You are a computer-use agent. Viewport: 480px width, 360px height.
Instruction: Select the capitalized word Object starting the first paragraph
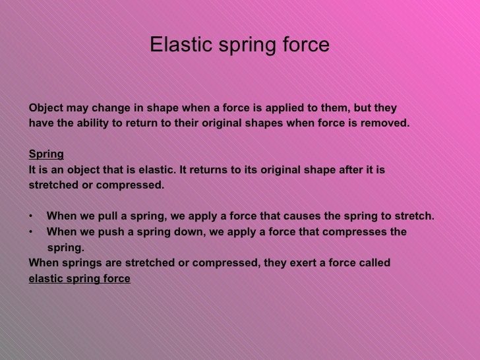pyautogui.click(x=47, y=108)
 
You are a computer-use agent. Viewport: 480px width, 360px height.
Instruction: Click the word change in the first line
pyautogui.click(x=107, y=108)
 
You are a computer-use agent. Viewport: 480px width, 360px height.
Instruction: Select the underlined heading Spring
pyautogui.click(x=46, y=154)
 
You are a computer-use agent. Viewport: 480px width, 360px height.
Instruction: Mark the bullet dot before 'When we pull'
pyautogui.click(x=31, y=216)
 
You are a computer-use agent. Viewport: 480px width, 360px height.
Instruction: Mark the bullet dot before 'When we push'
pyautogui.click(x=31, y=232)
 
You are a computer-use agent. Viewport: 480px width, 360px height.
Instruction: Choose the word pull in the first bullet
pyautogui.click(x=107, y=216)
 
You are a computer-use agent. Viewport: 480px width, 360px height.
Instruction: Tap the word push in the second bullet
pyautogui.click(x=109, y=232)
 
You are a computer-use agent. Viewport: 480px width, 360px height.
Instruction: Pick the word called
pyautogui.click(x=374, y=263)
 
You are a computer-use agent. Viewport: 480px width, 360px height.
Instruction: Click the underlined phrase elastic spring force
pyautogui.click(x=79, y=279)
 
